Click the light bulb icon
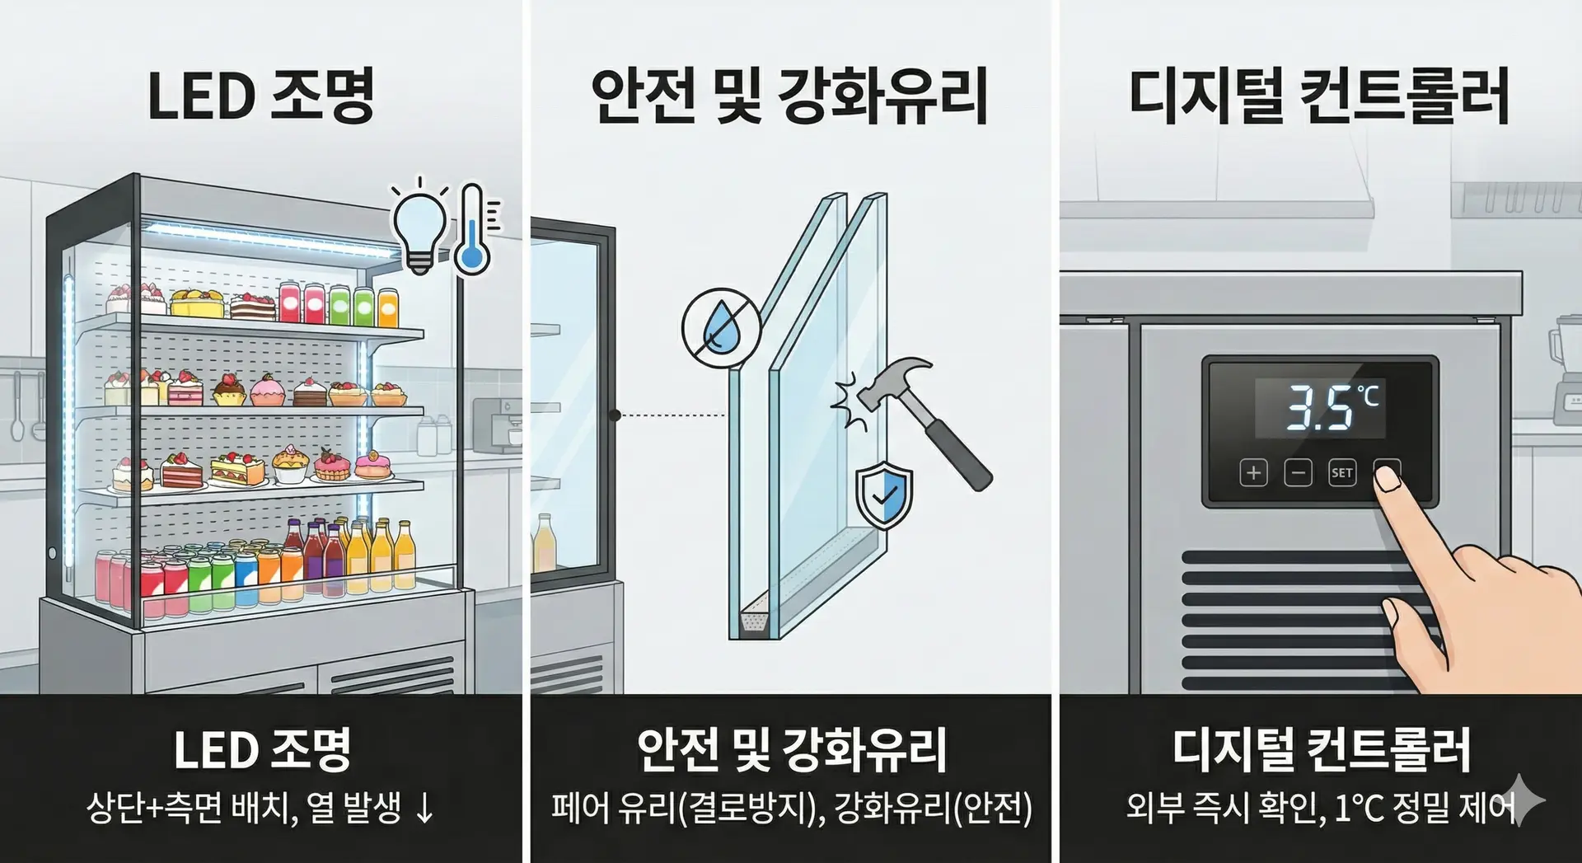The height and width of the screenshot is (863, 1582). (x=419, y=227)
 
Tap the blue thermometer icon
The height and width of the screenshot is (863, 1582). (x=473, y=231)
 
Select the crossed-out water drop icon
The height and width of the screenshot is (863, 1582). (x=721, y=327)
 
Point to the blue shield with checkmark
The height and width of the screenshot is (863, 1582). (x=884, y=495)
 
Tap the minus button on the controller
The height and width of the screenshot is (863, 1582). (x=1298, y=473)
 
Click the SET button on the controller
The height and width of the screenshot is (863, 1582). (x=1341, y=473)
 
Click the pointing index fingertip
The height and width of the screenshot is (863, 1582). (x=1388, y=477)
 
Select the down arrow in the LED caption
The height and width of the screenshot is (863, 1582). (x=424, y=808)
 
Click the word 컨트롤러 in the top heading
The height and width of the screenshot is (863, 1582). (x=1404, y=96)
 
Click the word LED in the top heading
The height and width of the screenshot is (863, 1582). (x=201, y=96)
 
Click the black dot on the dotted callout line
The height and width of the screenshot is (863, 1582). (x=615, y=415)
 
